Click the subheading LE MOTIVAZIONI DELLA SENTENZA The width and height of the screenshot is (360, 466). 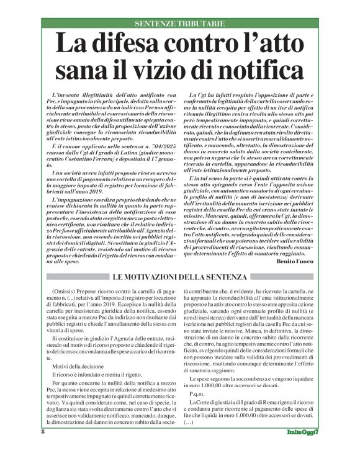(180, 276)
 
